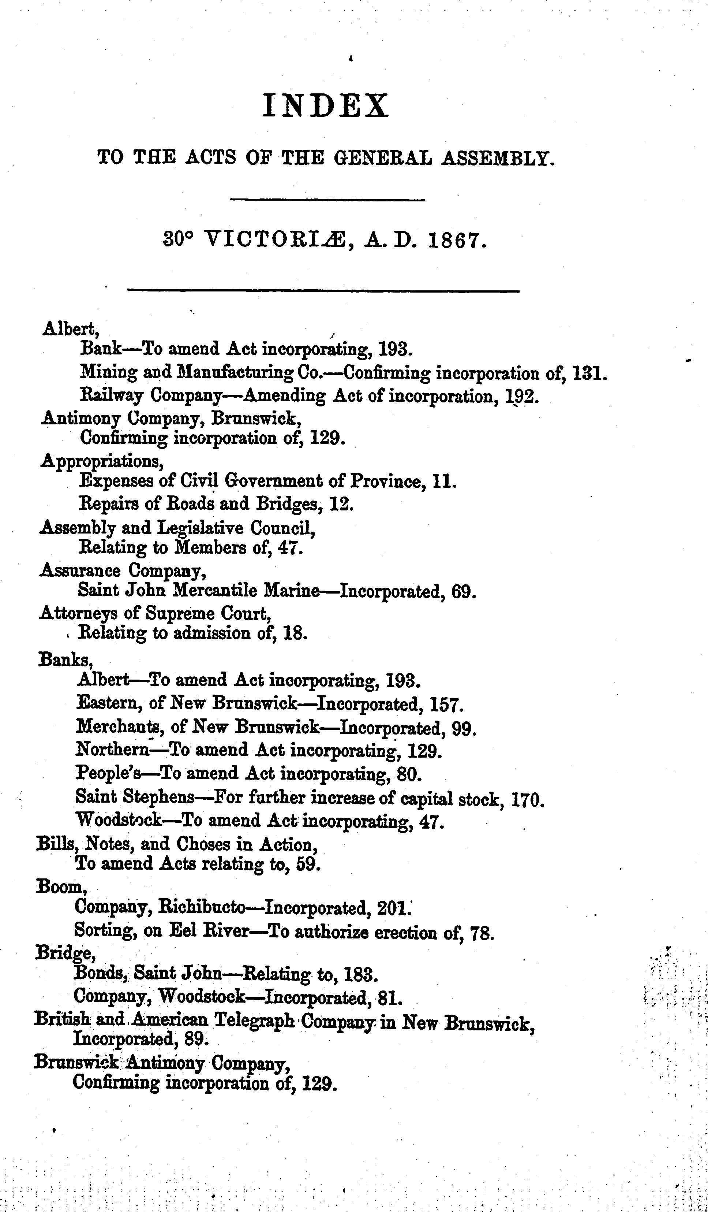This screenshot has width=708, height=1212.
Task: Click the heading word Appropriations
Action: coord(102,462)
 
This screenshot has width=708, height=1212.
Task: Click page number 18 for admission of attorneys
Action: coord(293,633)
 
